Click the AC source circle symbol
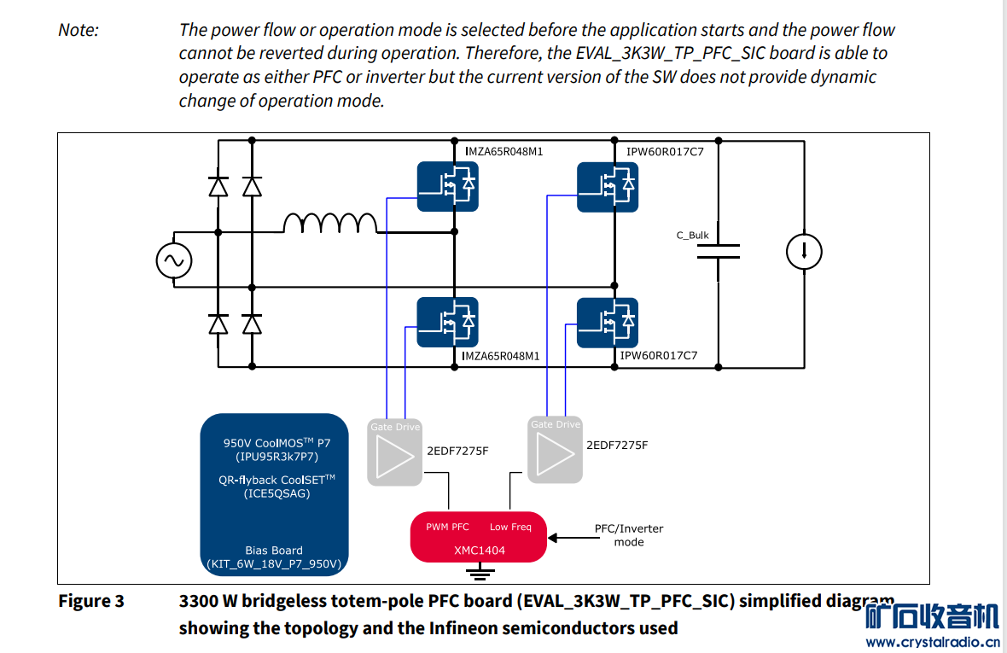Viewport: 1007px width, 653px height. (x=173, y=262)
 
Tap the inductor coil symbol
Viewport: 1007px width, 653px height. (x=330, y=223)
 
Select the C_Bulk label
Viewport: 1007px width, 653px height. (x=692, y=236)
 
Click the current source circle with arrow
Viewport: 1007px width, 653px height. (x=804, y=251)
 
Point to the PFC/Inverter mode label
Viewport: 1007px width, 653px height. (x=629, y=535)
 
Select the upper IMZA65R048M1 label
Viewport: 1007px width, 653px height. (x=503, y=152)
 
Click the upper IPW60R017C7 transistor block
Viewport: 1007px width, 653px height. (x=608, y=186)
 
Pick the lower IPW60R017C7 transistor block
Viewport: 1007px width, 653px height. (x=608, y=322)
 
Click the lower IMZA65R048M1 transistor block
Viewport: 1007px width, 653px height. (x=447, y=322)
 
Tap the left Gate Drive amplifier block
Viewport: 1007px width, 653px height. (x=394, y=452)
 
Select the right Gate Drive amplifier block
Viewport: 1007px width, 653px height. (x=556, y=450)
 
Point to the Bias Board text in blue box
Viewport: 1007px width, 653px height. (x=274, y=551)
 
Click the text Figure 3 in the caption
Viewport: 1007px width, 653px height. (x=90, y=601)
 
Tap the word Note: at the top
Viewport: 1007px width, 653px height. (x=79, y=30)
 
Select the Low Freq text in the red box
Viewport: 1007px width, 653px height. (x=510, y=527)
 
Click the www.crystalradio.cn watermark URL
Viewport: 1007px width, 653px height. (x=932, y=642)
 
